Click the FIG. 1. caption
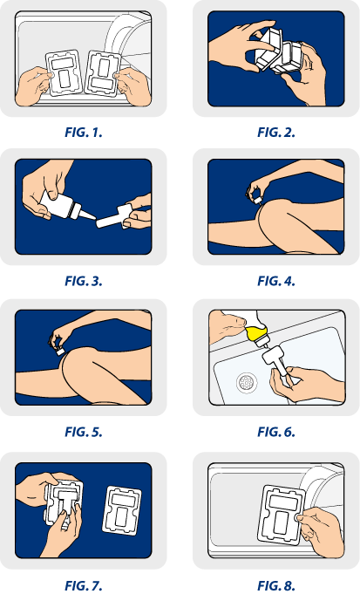click(x=84, y=133)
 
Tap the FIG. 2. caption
click(x=276, y=133)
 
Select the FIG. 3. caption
click(x=84, y=281)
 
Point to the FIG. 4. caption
click(x=276, y=281)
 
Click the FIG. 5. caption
click(x=84, y=432)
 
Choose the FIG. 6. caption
click(x=276, y=432)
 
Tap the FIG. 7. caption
click(x=84, y=585)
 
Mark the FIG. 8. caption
click(x=276, y=585)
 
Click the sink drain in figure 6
click(x=248, y=382)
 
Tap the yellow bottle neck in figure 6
click(x=255, y=334)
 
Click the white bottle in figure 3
click(x=60, y=208)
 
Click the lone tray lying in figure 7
click(x=122, y=510)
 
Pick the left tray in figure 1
click(x=64, y=72)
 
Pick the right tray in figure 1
click(x=102, y=72)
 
